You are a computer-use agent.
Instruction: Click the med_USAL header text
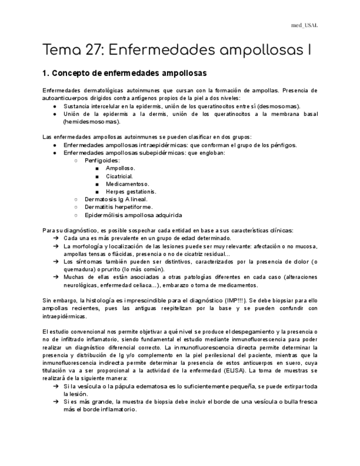point(304,25)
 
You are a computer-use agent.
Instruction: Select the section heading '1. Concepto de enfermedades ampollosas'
point(124,73)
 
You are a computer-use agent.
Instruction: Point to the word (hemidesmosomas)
point(91,121)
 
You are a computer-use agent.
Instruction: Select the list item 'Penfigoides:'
point(102,160)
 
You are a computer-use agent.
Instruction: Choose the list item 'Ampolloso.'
point(120,168)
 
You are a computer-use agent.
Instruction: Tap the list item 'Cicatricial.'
point(119,176)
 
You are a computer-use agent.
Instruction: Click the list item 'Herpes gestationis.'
point(131,191)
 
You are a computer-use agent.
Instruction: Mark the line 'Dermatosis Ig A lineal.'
point(116,199)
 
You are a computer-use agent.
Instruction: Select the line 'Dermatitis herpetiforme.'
point(118,207)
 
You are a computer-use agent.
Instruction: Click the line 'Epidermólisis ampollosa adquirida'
point(133,215)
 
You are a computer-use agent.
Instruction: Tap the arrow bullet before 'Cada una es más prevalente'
point(56,238)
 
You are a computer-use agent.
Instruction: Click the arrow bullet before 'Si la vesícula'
point(56,386)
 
